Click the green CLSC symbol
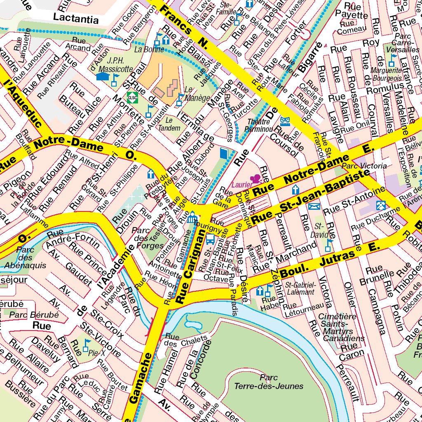coord(132,97)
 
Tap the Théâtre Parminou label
coord(259,125)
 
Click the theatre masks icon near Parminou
coord(284,121)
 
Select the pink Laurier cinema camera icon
coord(256,178)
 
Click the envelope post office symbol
coord(314,206)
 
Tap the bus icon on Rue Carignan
coord(210,238)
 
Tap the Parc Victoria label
coord(364,166)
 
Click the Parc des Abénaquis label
coord(25,257)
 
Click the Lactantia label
coord(76,19)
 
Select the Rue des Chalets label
coord(185,340)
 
